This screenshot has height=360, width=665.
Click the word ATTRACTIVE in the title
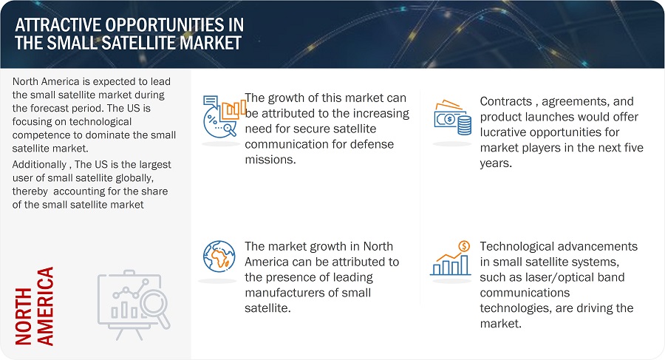point(58,25)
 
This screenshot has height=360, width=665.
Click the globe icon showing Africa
point(219,257)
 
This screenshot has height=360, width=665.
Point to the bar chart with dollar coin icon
point(451,258)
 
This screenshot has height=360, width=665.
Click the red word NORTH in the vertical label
point(24,316)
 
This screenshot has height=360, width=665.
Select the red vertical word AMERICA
point(45,306)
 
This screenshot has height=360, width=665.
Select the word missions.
point(270,160)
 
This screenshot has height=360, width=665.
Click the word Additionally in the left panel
point(39,165)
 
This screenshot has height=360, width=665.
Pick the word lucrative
point(504,132)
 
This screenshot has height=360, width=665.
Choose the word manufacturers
point(283,293)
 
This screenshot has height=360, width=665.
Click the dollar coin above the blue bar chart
point(465,246)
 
